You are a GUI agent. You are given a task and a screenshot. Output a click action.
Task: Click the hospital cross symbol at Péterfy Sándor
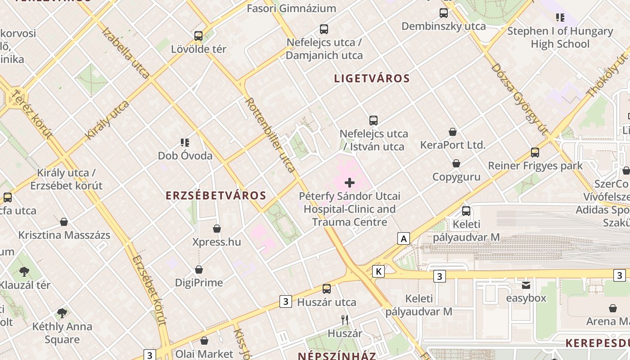[x=350, y=183]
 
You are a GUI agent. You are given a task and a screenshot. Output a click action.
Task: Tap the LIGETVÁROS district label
[x=372, y=78]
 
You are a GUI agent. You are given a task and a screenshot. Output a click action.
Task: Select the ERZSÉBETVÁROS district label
[x=216, y=196]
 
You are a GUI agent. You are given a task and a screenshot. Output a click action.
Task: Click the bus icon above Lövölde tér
[x=198, y=36]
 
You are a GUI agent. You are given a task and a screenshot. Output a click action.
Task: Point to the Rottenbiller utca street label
[x=270, y=135]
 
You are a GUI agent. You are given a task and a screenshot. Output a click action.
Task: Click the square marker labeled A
[x=404, y=238]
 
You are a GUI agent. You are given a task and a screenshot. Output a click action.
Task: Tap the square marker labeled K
[x=379, y=271]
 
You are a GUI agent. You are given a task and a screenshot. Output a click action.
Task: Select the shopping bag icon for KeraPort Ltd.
[x=453, y=132]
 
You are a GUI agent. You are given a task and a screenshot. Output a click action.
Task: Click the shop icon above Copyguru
[x=456, y=163]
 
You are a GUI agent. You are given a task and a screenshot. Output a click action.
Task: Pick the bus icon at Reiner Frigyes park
[x=535, y=153]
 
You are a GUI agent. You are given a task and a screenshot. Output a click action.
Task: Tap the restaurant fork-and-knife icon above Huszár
[x=345, y=320]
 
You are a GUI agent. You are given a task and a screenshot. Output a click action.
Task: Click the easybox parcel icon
[x=526, y=285]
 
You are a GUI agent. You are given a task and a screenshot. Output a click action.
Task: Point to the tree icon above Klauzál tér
[x=24, y=272]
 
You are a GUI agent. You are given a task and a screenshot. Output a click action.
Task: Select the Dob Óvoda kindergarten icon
[x=185, y=143]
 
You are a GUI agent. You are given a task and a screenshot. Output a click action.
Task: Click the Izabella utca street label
[x=126, y=53]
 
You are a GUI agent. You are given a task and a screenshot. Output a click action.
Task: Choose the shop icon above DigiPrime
[x=199, y=270]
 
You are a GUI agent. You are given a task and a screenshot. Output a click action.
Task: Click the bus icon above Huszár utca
[x=327, y=289]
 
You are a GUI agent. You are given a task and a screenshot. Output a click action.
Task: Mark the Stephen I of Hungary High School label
[x=560, y=37]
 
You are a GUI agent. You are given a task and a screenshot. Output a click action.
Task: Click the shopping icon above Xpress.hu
[x=217, y=229]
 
